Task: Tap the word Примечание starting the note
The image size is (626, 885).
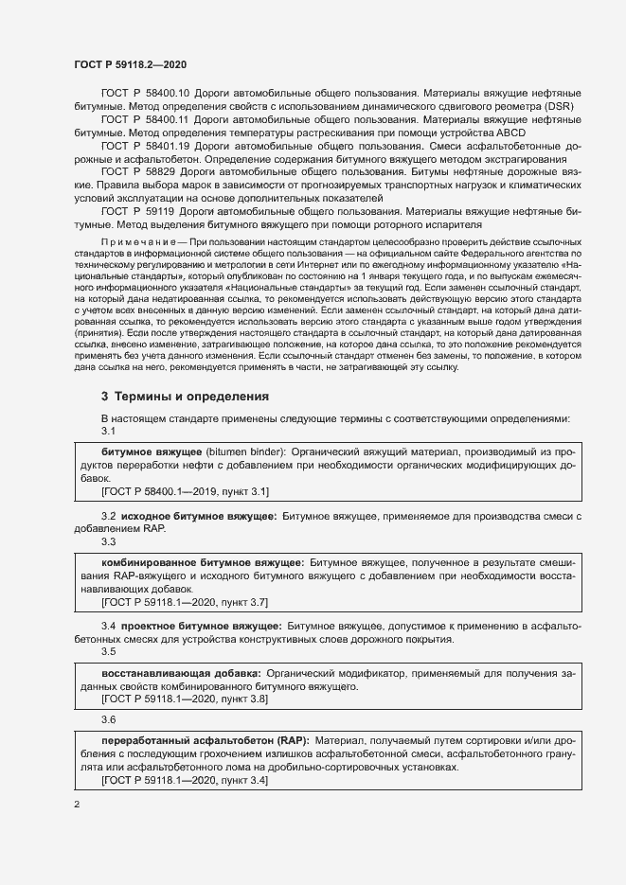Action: coord(136,243)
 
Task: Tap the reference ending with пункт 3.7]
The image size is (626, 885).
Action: coord(185,601)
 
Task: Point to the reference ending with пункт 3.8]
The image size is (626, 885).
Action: coord(185,699)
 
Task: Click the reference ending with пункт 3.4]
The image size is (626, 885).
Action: coord(185,779)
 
